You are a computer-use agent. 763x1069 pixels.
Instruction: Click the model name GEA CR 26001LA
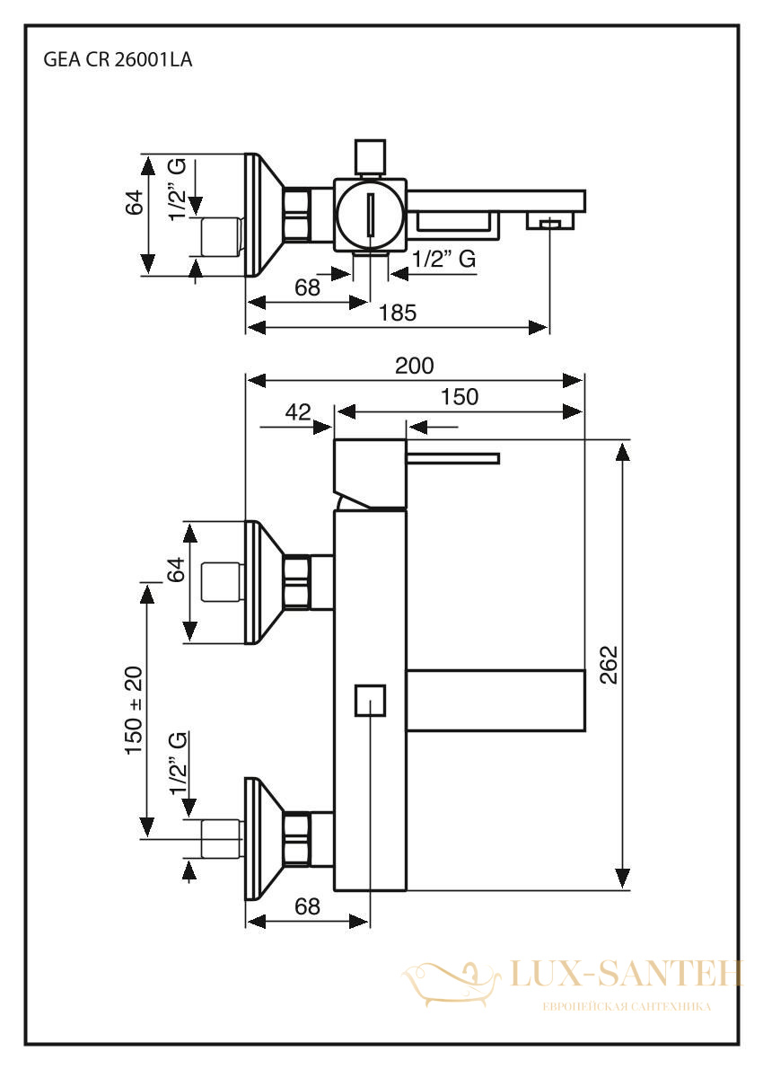pyautogui.click(x=118, y=60)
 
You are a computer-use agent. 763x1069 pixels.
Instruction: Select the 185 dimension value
pyautogui.click(x=397, y=313)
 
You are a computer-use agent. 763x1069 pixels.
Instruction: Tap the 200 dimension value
pyautogui.click(x=414, y=367)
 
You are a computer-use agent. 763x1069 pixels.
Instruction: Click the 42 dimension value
pyautogui.click(x=298, y=411)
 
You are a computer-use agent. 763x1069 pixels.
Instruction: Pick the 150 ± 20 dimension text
pyautogui.click(x=135, y=710)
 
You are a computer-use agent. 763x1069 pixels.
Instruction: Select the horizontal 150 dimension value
pyautogui.click(x=460, y=397)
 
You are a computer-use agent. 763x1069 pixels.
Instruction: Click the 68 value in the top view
pyautogui.click(x=307, y=287)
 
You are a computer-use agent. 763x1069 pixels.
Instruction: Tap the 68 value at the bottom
pyautogui.click(x=307, y=906)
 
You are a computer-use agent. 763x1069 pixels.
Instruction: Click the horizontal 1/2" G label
pyautogui.click(x=444, y=259)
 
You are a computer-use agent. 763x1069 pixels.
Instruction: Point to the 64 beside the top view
pyautogui.click(x=135, y=202)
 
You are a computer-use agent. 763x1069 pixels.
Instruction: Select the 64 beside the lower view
pyautogui.click(x=176, y=570)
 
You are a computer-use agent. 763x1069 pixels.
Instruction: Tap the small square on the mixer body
pyautogui.click(x=371, y=700)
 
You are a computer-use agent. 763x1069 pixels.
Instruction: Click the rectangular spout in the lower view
pyautogui.click(x=496, y=701)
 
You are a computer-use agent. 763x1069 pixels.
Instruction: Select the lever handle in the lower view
pyautogui.click(x=453, y=458)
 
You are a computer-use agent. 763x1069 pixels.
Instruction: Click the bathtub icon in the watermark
pyautogui.click(x=452, y=983)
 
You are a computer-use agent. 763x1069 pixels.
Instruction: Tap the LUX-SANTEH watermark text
pyautogui.click(x=626, y=974)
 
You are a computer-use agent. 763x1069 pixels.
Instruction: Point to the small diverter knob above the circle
pyautogui.click(x=371, y=156)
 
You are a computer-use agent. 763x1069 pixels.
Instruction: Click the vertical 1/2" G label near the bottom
pyautogui.click(x=179, y=763)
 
